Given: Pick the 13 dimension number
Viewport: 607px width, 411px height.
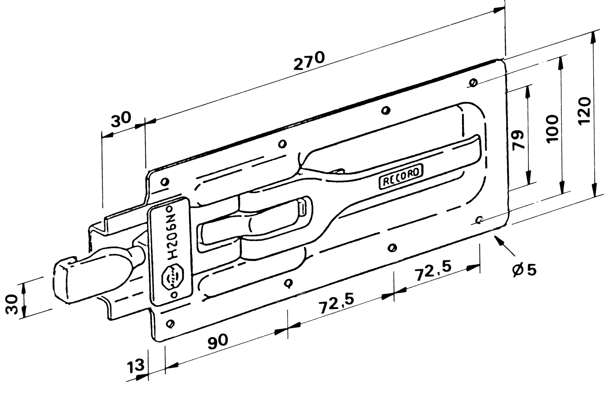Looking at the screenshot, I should tap(136, 366).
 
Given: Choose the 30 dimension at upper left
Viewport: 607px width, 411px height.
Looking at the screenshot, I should tap(120, 119).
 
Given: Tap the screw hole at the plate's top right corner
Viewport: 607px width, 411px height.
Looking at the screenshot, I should tap(473, 82).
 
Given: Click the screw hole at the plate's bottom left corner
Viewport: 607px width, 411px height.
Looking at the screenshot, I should tap(170, 323).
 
